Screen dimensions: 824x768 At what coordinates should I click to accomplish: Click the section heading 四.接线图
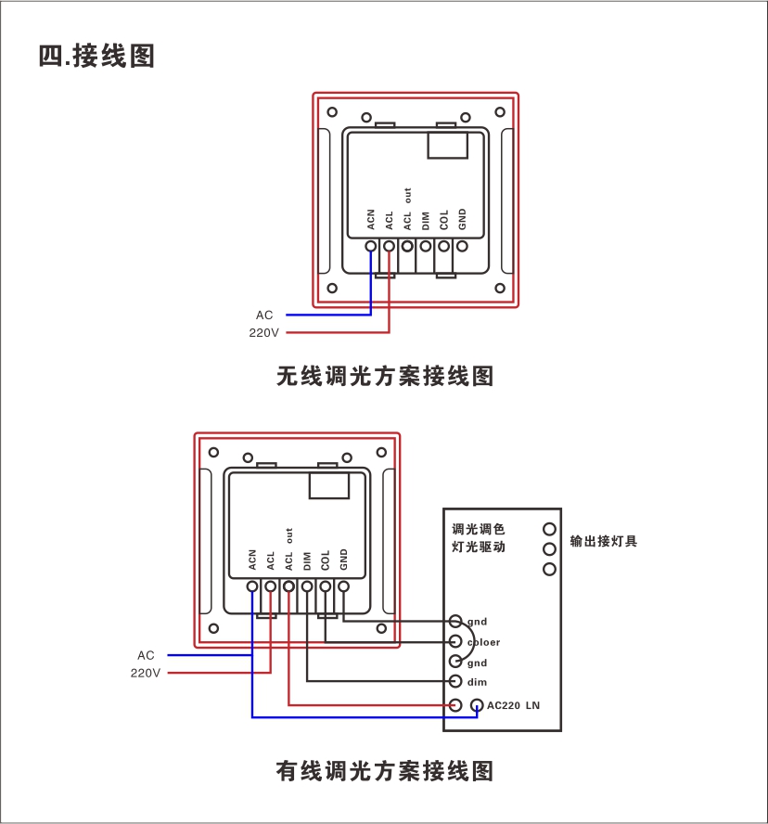[96, 56]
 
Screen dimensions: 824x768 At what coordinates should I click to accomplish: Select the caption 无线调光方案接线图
[385, 376]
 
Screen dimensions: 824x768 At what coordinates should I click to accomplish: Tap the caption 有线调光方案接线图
[385, 770]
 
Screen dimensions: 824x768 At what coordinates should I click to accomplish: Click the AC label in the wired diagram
[146, 655]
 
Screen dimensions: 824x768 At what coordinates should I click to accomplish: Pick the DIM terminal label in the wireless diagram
[426, 221]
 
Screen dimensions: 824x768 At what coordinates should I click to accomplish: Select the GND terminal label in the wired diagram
[343, 560]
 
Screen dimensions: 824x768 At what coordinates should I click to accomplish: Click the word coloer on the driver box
[483, 642]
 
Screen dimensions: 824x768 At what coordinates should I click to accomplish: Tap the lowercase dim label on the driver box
[477, 683]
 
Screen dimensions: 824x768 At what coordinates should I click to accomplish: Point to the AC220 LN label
[513, 705]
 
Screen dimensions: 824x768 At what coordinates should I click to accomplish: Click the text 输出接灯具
[604, 541]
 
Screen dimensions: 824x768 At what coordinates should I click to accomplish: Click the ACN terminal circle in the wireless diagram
[371, 246]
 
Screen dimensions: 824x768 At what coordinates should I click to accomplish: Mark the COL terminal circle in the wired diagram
[325, 586]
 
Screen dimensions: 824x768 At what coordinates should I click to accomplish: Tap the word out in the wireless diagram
[407, 195]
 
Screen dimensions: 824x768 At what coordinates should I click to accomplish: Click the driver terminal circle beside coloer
[455, 641]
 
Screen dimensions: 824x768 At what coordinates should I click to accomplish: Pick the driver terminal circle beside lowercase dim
[455, 682]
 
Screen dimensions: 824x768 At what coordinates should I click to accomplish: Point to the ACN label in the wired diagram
[252, 560]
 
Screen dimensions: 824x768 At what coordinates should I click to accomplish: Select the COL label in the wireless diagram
[444, 220]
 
